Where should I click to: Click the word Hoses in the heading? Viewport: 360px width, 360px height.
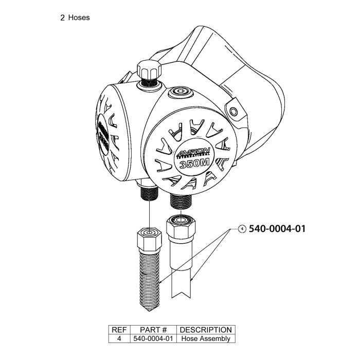click(79, 17)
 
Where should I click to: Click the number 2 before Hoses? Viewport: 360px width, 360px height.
click(62, 18)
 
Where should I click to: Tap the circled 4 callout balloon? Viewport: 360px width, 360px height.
click(242, 229)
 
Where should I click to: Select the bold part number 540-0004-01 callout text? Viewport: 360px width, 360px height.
click(277, 229)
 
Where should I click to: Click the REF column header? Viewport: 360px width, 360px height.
click(119, 330)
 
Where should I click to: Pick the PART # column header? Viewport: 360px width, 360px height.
click(153, 330)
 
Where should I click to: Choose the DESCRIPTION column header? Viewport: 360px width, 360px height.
click(206, 330)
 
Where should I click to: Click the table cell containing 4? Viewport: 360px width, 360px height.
click(119, 338)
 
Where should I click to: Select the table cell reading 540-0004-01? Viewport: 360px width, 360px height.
click(153, 338)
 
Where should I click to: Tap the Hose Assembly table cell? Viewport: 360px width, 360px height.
click(206, 338)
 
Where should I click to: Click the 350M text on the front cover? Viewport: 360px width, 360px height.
click(194, 164)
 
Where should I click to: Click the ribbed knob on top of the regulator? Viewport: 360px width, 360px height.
click(149, 69)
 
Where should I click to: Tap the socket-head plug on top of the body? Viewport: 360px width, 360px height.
click(180, 92)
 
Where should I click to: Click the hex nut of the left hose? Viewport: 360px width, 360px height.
click(149, 239)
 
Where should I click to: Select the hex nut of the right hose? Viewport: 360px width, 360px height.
click(181, 227)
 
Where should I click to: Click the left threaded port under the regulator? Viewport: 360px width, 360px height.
click(149, 193)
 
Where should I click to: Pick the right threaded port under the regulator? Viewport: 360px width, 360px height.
click(180, 202)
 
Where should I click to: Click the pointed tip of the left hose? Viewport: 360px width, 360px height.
click(149, 311)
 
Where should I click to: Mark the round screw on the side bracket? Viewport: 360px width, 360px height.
click(233, 112)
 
